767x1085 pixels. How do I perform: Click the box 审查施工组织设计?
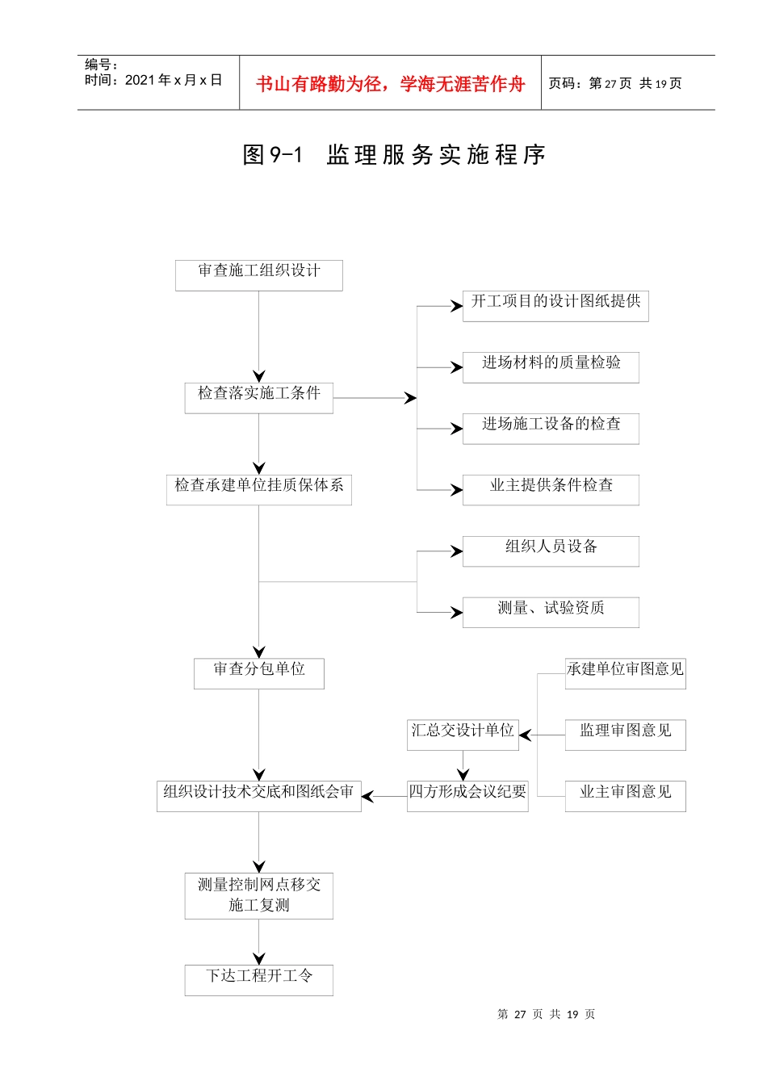(258, 275)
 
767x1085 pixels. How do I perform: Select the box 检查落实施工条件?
(258, 398)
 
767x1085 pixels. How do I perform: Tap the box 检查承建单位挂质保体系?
(258, 490)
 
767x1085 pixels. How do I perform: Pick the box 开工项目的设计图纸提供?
(555, 306)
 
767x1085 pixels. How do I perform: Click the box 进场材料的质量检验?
(551, 367)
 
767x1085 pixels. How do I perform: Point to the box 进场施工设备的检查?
(551, 429)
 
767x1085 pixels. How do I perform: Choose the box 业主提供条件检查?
(551, 490)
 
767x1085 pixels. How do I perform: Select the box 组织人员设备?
(551, 551)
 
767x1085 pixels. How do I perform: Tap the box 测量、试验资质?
(551, 613)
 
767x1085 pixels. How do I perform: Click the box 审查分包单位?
(258, 673)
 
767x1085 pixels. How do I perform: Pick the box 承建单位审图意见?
(625, 673)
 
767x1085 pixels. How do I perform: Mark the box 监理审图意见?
(625, 735)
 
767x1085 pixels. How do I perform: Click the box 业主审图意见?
(625, 796)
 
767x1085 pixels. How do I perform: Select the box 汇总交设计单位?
(463, 735)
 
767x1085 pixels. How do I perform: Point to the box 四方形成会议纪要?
(467, 796)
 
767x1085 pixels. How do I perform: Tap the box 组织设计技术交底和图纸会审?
(258, 796)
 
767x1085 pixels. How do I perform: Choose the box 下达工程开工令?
(258, 980)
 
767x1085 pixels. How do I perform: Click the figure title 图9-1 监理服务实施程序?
(394, 154)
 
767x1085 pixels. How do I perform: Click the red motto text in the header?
(390, 83)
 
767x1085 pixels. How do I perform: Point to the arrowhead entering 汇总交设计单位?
(526, 735)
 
